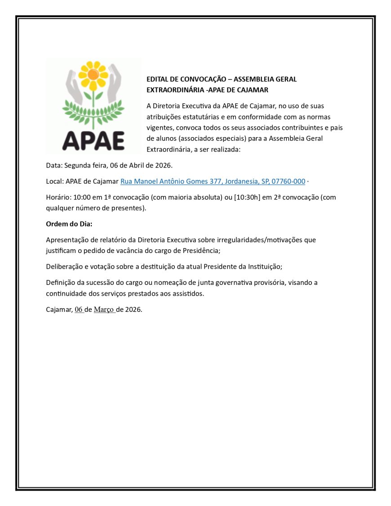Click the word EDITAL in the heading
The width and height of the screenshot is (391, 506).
coord(157,79)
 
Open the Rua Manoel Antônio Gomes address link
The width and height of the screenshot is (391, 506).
coord(213,181)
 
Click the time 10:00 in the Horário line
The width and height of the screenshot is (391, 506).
coord(82,197)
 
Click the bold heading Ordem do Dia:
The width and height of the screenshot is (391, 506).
coord(69,224)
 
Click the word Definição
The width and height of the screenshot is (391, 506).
coord(61,283)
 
